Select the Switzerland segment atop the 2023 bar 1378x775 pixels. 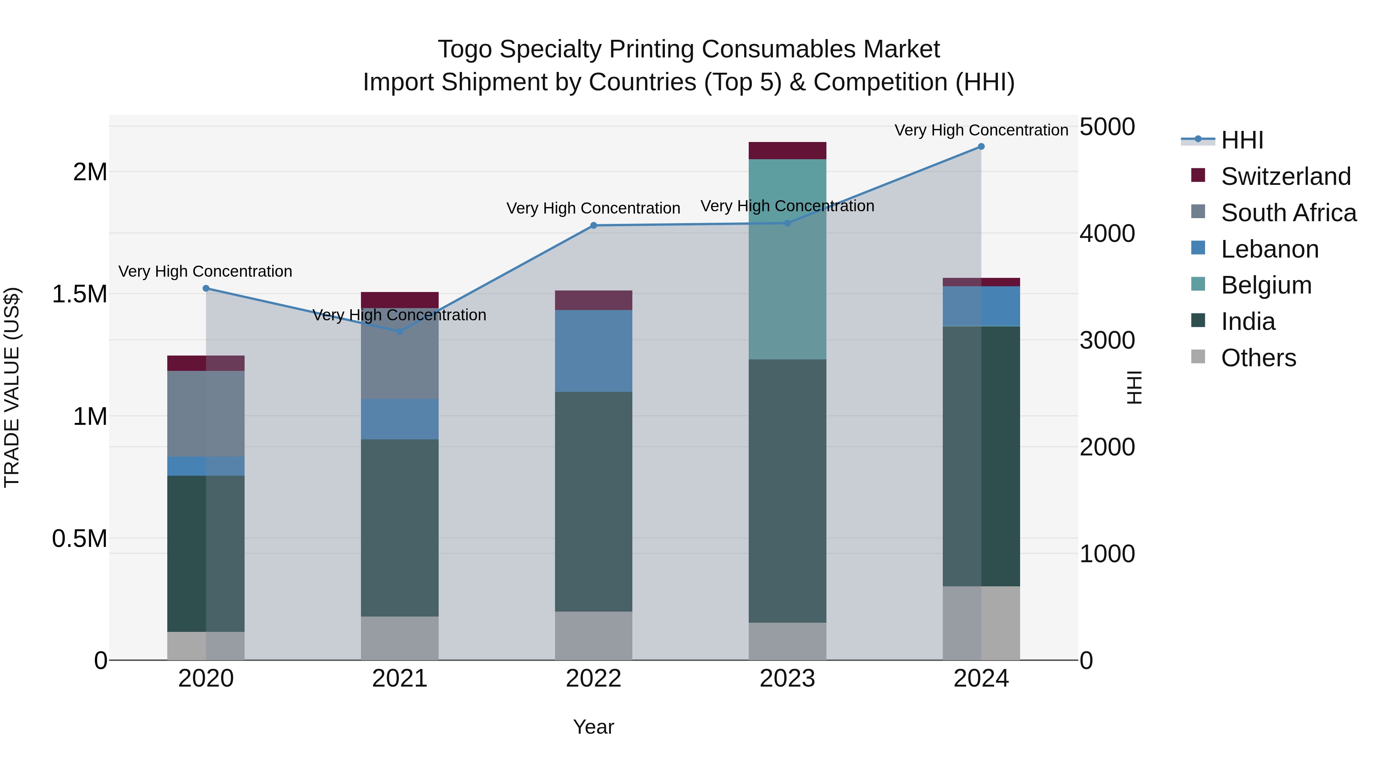point(787,150)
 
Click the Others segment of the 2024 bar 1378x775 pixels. point(981,623)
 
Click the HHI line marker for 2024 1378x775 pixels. point(981,147)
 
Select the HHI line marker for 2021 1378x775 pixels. point(400,331)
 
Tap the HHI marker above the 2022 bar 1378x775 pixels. point(593,226)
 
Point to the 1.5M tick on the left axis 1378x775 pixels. point(80,294)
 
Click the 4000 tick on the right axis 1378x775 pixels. point(1107,234)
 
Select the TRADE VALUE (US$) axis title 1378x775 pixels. point(12,387)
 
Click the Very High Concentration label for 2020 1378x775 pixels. point(206,272)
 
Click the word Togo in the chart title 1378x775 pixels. point(464,50)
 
